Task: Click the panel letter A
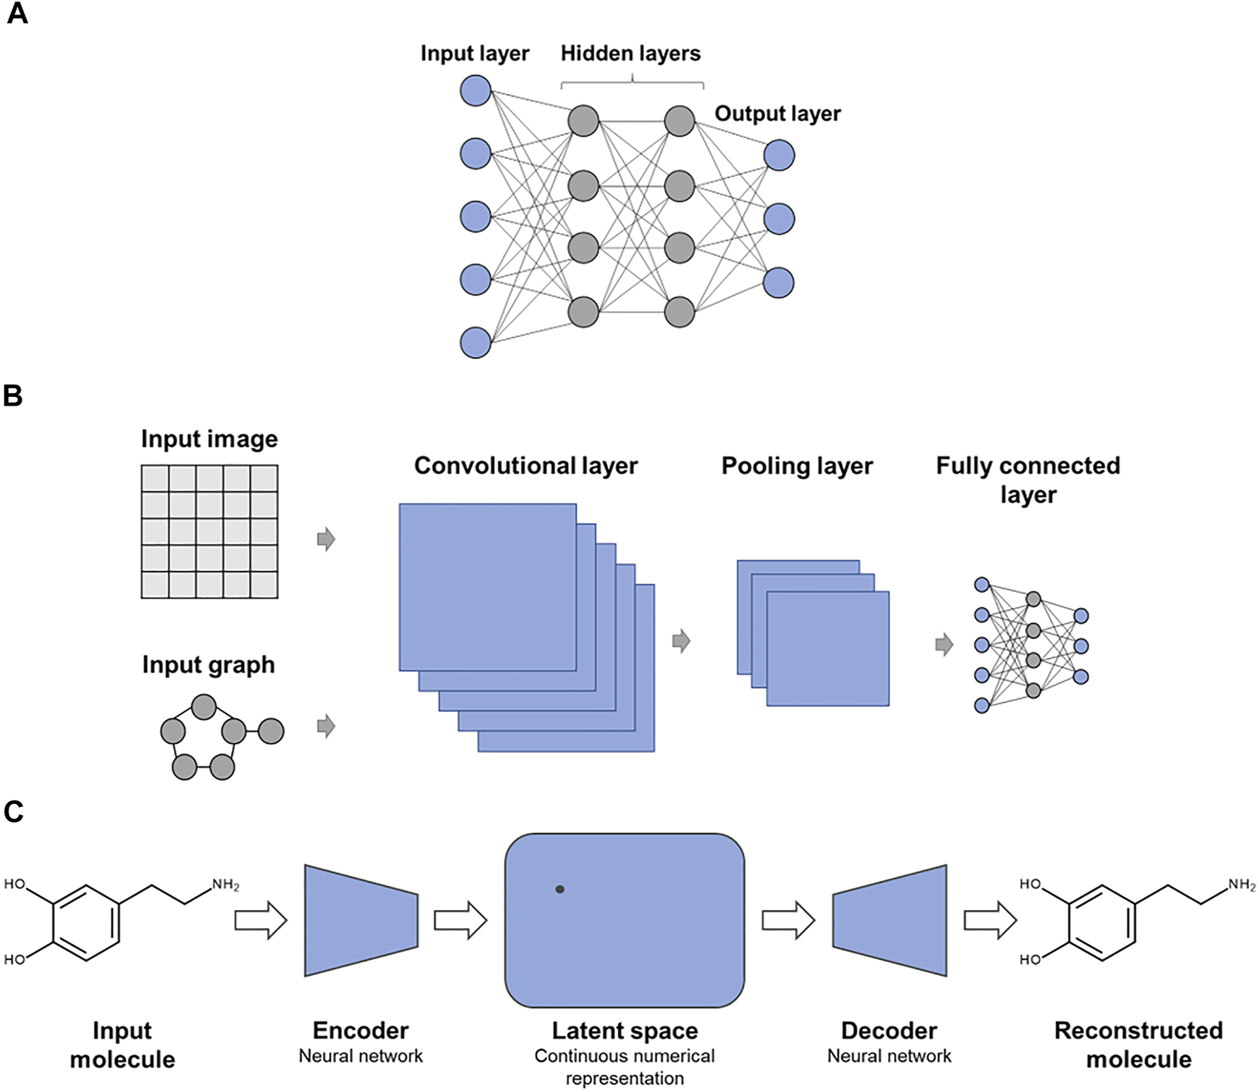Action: [x=17, y=14]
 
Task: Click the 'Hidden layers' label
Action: [x=630, y=54]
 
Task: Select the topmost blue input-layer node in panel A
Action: [x=475, y=91]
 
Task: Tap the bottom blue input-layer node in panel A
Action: [x=475, y=343]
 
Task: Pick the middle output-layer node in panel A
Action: [x=779, y=219]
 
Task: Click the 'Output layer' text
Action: [x=778, y=114]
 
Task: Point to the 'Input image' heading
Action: [x=209, y=439]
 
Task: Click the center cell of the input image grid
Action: [x=209, y=532]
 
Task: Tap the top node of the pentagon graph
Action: [x=204, y=707]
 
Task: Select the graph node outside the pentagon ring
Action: [x=271, y=731]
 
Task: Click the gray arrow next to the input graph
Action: [x=326, y=726]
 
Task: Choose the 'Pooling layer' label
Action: [x=797, y=466]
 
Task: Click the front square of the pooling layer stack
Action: [x=828, y=649]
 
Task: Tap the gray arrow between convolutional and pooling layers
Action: [x=681, y=641]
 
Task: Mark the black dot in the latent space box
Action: [x=559, y=890]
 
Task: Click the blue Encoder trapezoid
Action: [x=361, y=920]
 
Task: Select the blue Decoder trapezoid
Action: [x=891, y=920]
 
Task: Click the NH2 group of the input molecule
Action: [x=225, y=885]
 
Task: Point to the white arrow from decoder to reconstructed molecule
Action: [x=990, y=921]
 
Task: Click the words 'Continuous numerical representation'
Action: [x=625, y=1066]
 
